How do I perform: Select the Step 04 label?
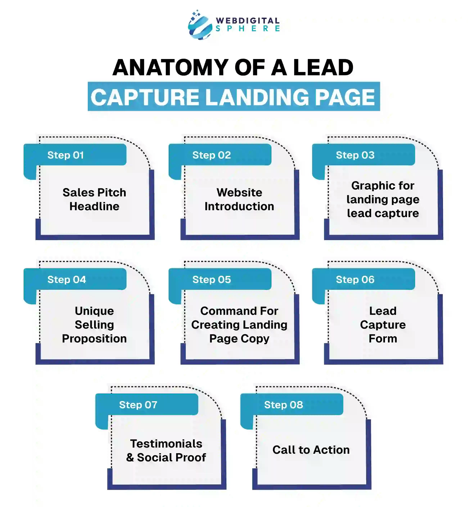click(67, 280)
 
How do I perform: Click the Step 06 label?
click(355, 280)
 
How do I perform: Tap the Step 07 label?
click(138, 405)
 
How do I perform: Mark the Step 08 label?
click(283, 405)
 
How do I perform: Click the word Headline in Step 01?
click(94, 206)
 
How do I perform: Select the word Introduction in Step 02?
click(239, 206)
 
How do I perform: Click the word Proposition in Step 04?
click(94, 339)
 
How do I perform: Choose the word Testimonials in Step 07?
click(166, 444)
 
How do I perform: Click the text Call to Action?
click(311, 450)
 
